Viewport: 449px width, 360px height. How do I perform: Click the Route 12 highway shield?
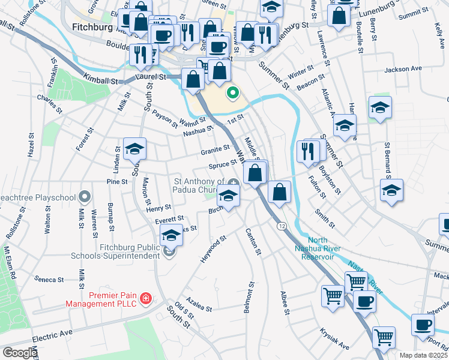(281, 226)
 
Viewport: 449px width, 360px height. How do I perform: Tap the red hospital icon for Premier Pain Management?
(145, 298)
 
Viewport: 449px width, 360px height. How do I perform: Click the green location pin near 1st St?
(232, 94)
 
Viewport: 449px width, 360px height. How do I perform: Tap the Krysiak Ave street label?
(334, 339)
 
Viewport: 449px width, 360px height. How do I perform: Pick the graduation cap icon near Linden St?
(134, 149)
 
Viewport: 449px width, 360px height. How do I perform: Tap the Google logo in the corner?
(19, 352)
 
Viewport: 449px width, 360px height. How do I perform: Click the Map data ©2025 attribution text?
(423, 355)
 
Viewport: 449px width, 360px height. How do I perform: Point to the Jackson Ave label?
(402, 69)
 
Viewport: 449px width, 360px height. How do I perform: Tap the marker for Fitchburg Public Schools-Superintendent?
(169, 253)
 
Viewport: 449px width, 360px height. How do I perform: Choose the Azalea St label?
(199, 307)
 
